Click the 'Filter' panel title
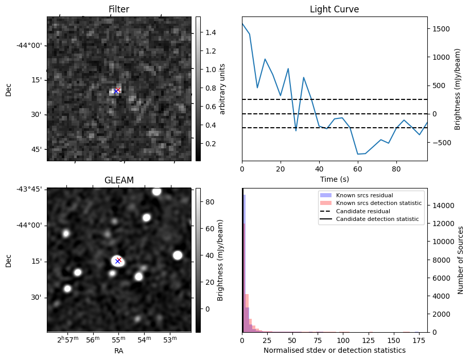(118, 9)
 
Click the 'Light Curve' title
(334, 9)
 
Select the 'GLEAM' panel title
(118, 180)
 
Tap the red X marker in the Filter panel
(118, 90)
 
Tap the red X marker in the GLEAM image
(119, 260)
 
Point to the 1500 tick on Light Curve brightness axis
(442, 29)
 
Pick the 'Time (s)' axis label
(334, 179)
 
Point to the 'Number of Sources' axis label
(461, 260)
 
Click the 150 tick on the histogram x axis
(394, 340)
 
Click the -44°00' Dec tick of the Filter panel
(30, 45)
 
